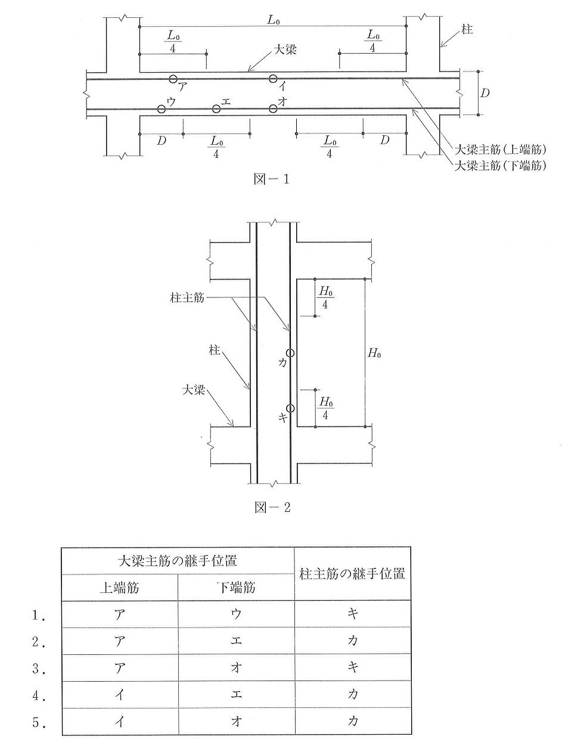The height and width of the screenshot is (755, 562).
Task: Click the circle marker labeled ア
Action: [173, 79]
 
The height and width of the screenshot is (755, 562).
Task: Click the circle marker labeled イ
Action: [273, 79]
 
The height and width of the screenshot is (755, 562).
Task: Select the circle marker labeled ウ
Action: [161, 108]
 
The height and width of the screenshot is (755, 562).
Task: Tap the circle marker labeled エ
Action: [216, 108]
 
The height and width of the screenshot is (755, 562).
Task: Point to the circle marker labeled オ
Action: [273, 108]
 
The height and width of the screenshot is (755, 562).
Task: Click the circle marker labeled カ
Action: [290, 353]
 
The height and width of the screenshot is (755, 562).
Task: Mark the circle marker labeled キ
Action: [290, 408]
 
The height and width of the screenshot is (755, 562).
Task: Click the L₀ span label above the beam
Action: [273, 20]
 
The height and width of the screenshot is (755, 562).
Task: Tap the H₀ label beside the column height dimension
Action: [374, 353]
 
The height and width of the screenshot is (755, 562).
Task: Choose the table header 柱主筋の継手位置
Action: [352, 574]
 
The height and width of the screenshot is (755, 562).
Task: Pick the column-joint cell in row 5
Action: [352, 722]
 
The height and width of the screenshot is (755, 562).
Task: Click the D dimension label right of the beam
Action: [486, 94]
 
